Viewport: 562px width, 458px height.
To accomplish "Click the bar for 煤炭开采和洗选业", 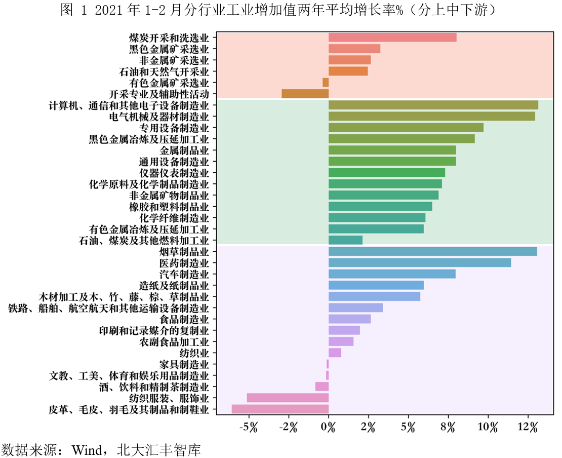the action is coord(392,37).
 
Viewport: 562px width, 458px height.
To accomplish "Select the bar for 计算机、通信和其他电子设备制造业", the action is coord(433,105).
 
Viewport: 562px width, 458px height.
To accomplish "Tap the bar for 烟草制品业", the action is coord(432,251).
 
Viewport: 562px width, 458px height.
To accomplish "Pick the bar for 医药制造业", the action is coord(420,262).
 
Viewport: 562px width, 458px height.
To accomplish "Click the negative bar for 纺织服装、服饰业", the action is coord(288,398).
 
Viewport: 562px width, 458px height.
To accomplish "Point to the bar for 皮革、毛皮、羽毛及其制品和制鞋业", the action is coord(280,409).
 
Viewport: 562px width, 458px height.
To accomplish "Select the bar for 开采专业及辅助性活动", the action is coord(305,94).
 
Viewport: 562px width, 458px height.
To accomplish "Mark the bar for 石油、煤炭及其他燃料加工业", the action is coord(345,240).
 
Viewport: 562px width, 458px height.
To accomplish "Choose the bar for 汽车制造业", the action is coord(392,274).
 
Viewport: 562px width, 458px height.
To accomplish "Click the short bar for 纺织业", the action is coord(335,353).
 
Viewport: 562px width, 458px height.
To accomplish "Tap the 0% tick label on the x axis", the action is coord(328,428).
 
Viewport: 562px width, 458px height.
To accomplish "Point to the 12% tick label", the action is coord(528,428).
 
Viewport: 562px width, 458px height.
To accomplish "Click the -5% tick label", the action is coord(249,428).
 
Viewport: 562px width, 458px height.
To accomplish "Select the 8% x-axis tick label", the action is coord(448,428).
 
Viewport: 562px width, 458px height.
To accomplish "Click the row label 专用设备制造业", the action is coord(174,128).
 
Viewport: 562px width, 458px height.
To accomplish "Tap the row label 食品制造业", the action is coord(184,319).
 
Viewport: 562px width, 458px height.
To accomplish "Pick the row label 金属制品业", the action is coord(184,150).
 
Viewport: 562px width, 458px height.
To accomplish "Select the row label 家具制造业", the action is coord(184,364).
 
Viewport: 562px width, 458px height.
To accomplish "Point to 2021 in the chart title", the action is coord(109,10).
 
